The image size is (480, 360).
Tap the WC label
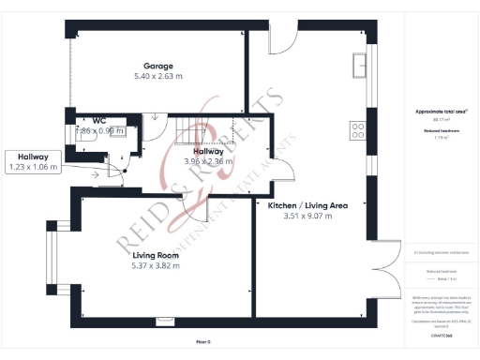(98, 120)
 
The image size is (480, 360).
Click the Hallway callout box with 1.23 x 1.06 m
(34, 161)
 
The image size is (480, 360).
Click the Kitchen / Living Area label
(307, 204)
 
